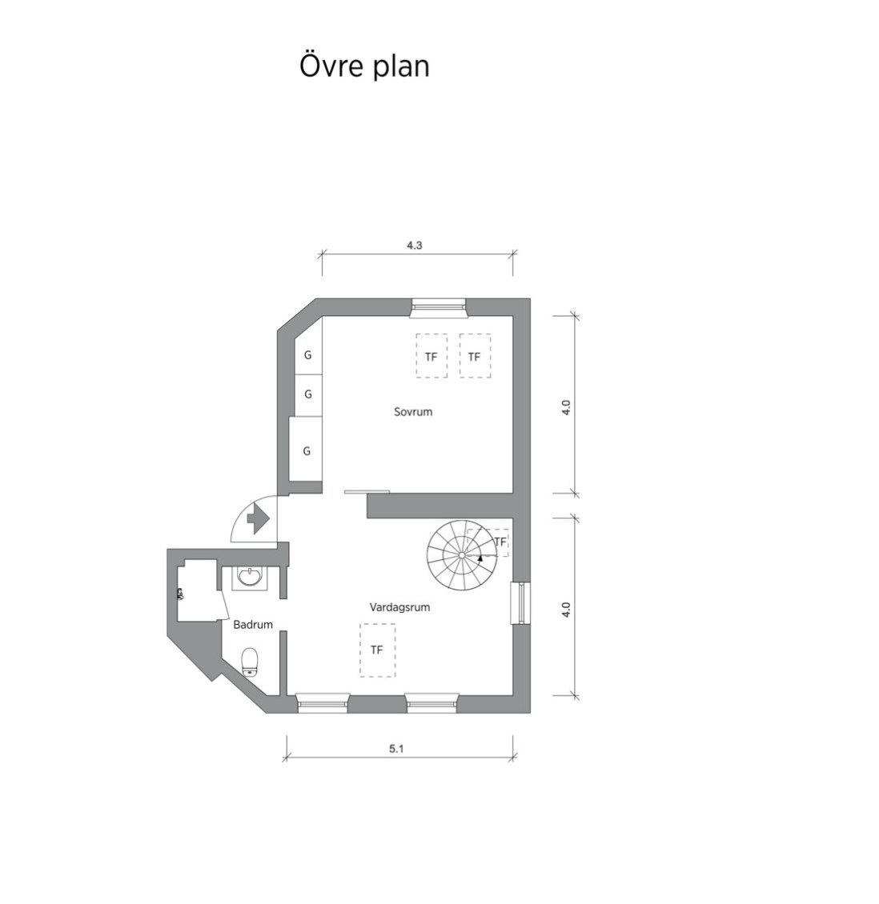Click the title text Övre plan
point(364,66)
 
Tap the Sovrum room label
point(413,412)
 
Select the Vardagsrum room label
point(399,607)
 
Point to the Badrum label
point(253,624)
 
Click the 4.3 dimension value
point(414,245)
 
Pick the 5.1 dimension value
point(396,749)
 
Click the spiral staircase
point(461,554)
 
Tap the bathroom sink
point(249,576)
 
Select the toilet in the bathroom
point(249,662)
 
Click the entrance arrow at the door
point(259,518)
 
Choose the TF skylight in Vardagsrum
point(377,650)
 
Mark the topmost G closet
point(308,355)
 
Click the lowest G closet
point(306,451)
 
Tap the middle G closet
point(308,394)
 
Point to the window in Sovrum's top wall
point(439,307)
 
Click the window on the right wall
point(521,603)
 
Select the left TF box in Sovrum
point(431,356)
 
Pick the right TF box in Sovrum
point(475,356)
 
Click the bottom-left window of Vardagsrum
point(323,702)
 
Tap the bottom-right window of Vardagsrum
point(431,702)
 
